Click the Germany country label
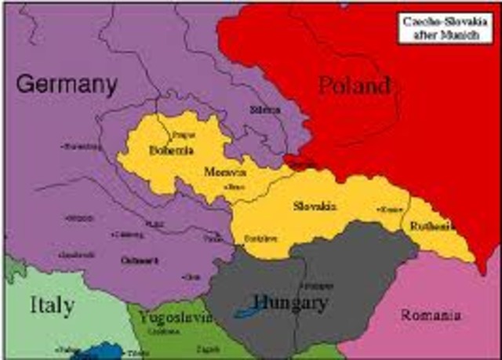[66, 82]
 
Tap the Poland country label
[353, 85]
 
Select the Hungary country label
[289, 302]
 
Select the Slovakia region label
[315, 205]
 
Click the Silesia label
[265, 110]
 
